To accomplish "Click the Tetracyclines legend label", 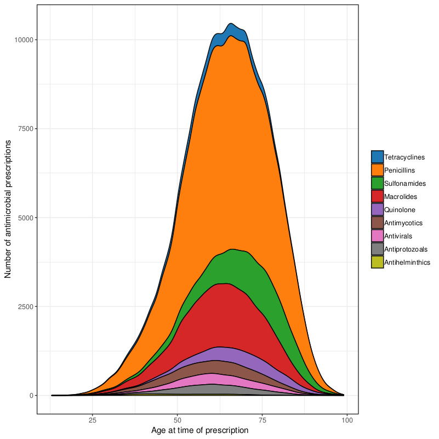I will tap(405, 157).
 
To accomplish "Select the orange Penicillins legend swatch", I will tap(377, 170).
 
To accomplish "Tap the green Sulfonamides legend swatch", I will tap(377, 184).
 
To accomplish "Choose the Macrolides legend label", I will tap(401, 197).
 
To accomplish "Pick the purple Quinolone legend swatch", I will tap(377, 210).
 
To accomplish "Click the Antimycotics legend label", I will tap(403, 223).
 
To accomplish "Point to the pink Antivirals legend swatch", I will tap(377, 236).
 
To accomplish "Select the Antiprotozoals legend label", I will tap(406, 249).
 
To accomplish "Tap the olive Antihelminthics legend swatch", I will tap(377, 263).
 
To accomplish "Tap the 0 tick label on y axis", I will tap(31, 395).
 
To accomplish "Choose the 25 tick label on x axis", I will tap(92, 420).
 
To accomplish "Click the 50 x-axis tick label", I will tap(177, 420).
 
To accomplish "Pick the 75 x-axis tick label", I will tap(262, 420).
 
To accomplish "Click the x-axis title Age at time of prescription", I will tap(199, 431).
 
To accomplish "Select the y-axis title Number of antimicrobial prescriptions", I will tap(8, 208).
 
